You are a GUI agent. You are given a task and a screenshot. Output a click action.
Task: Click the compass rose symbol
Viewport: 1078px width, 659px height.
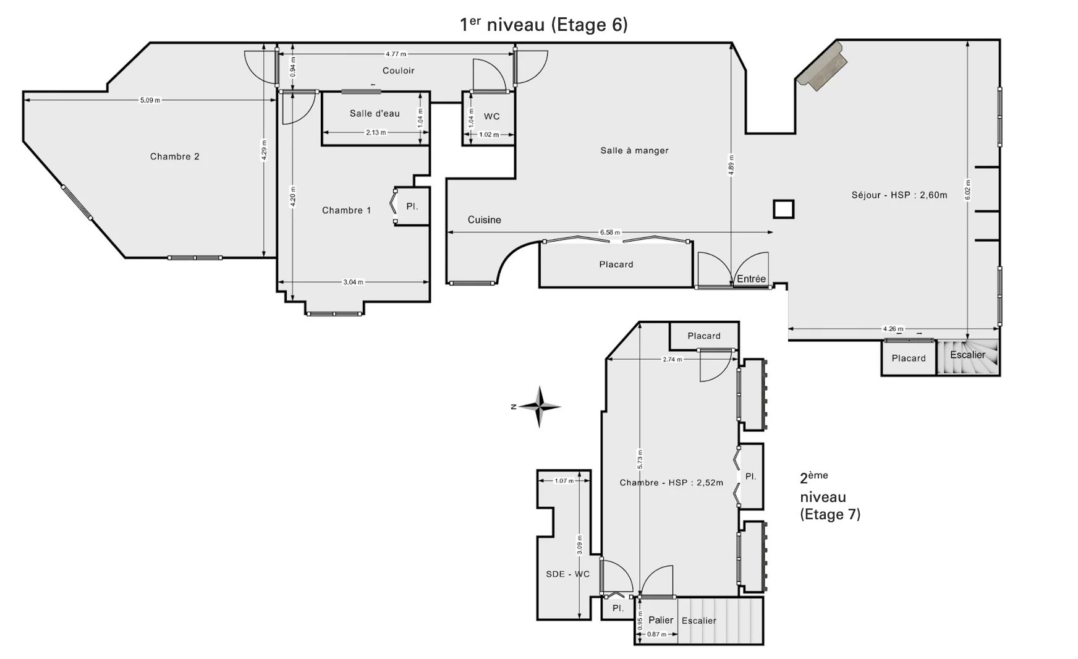[540, 407]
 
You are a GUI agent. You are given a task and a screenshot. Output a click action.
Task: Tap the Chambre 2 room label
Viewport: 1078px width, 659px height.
[175, 156]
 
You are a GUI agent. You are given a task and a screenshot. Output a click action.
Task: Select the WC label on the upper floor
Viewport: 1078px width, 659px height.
[491, 116]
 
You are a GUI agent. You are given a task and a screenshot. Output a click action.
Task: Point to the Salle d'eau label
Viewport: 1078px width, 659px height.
[375, 113]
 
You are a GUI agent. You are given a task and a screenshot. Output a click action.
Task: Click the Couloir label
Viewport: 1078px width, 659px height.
[399, 70]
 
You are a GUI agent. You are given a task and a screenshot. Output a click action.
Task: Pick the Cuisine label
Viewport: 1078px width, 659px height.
[484, 219]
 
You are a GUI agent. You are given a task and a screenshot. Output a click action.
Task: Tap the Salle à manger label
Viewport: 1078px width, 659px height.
[634, 150]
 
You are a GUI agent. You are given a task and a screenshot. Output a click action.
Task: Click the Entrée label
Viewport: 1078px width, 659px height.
[751, 279]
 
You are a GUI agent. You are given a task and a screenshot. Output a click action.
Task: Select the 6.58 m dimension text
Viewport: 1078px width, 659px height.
[609, 232]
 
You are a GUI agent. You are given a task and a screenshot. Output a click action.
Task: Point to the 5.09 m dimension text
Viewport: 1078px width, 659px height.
[150, 100]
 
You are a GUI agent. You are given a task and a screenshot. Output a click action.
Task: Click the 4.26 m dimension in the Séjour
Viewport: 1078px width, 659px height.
[893, 329]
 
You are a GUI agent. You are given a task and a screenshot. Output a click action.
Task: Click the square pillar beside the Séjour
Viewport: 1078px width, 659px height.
[784, 209]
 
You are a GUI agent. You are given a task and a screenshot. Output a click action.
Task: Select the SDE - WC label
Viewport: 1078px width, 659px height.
[567, 574]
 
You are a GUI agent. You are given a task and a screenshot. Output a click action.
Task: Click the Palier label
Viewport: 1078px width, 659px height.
[661, 620]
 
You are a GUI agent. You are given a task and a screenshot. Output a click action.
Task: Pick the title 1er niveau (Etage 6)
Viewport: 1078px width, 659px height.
[544, 24]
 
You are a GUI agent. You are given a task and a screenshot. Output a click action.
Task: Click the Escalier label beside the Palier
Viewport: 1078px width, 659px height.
[699, 621]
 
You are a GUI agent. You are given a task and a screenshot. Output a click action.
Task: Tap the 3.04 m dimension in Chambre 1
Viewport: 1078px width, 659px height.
[353, 283]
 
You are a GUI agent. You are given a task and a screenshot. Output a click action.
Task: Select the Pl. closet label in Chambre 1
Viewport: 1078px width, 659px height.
[412, 206]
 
